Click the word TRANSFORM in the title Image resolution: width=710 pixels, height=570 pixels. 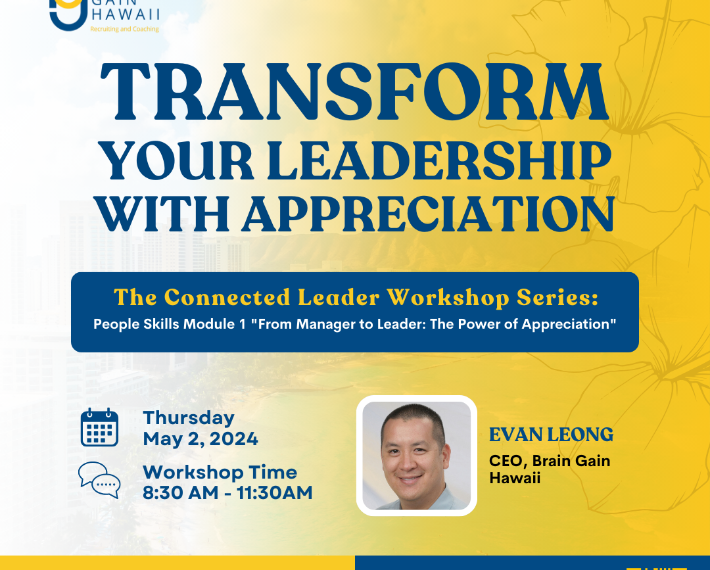coord(354,92)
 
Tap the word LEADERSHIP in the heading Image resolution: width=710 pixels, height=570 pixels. coord(438,160)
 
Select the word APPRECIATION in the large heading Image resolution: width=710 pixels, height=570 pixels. coord(429,214)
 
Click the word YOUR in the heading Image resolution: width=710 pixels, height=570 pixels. coord(176,160)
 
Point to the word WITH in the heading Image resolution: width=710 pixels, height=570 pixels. coord(163,214)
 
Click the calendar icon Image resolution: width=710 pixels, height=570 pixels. coord(100,427)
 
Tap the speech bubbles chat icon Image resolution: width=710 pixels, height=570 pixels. coord(100,480)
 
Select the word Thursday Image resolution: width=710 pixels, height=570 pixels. coord(189,418)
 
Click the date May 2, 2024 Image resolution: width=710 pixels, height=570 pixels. coord(201,439)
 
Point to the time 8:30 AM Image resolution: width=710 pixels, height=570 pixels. coord(181,492)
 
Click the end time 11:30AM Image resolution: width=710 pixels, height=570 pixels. coord(275,492)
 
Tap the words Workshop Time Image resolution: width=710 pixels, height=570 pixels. coord(220,472)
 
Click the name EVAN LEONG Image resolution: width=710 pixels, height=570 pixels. coord(551,435)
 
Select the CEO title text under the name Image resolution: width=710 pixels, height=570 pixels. coord(550,469)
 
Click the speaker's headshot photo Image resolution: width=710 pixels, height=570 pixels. coord(417,456)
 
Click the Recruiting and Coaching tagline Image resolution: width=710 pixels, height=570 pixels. coord(124,29)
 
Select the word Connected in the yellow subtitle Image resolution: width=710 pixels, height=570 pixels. coord(227,297)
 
